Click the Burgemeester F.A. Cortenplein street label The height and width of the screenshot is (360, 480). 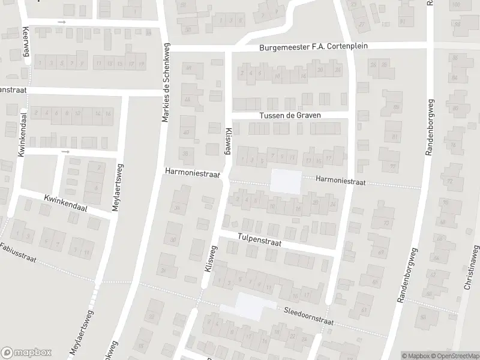313,46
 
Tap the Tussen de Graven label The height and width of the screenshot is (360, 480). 290,115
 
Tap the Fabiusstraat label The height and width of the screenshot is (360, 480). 19,254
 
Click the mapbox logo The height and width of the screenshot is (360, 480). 26,353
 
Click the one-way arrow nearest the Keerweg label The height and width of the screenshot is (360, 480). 62,22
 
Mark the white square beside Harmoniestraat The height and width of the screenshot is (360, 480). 286,181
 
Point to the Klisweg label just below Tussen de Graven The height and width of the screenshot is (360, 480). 228,142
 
